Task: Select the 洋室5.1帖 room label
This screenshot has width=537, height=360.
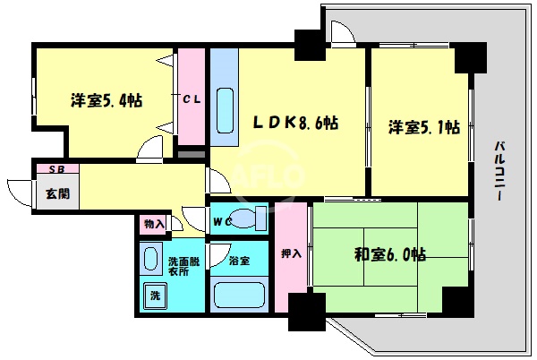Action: pos(424,127)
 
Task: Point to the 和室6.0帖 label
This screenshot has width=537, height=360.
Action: pos(388,255)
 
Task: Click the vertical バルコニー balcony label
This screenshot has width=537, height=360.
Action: pos(501,170)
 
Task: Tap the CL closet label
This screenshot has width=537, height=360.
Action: pos(192,99)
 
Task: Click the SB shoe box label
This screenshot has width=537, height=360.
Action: pos(55,168)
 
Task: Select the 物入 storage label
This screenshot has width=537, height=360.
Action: pos(154,224)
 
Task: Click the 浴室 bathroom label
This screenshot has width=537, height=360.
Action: pos(239,261)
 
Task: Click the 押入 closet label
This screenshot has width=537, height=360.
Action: pos(291,254)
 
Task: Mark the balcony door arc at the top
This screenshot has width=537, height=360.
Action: pos(340,33)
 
